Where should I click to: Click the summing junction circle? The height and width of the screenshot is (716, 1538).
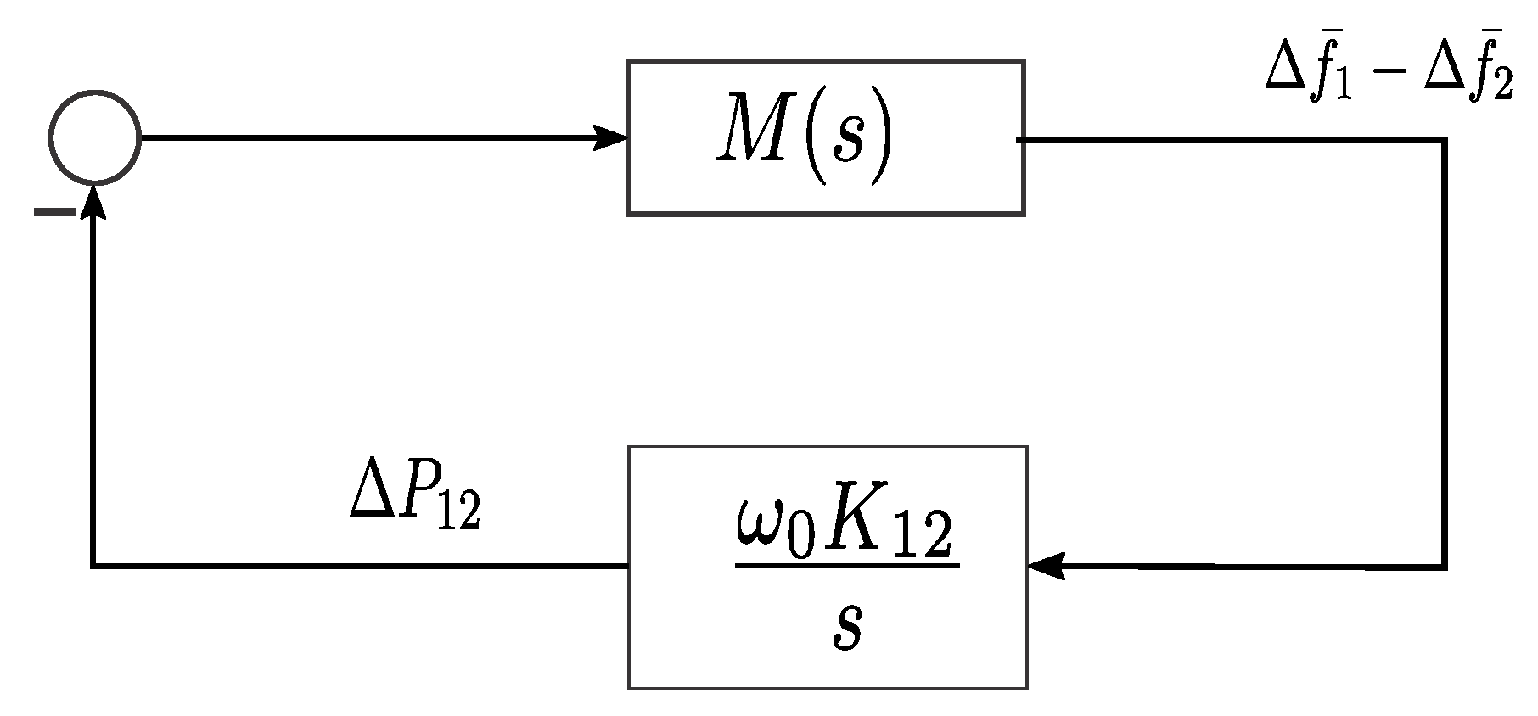[94, 137]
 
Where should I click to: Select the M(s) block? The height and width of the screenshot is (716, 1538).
[825, 137]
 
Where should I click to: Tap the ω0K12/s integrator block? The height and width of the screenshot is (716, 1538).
[827, 566]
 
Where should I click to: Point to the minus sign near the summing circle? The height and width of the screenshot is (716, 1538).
[54, 212]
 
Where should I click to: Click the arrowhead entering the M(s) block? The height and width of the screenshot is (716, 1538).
[611, 137]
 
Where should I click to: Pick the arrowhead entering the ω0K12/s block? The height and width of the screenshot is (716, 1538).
[1045, 565]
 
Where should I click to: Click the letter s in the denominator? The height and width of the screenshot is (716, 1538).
[847, 629]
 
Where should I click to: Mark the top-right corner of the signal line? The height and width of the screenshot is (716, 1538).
[1443, 140]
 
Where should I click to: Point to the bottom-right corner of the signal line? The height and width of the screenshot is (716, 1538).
[1443, 566]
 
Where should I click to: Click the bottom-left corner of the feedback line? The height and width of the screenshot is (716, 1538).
[93, 565]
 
